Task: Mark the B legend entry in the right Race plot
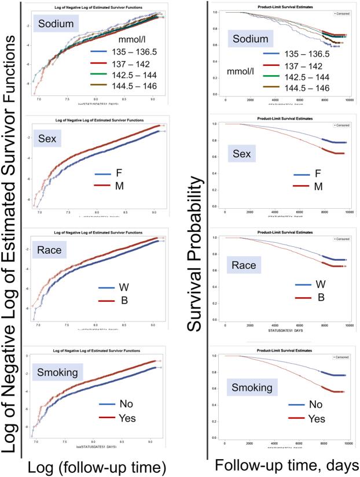320,298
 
